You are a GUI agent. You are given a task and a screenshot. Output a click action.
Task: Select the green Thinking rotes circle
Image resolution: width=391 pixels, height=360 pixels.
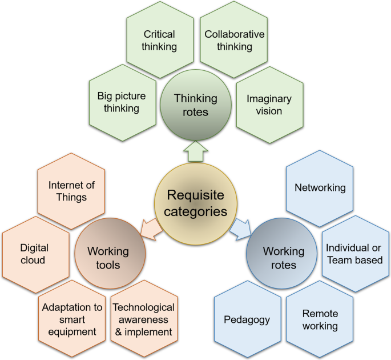pyautogui.click(x=196, y=105)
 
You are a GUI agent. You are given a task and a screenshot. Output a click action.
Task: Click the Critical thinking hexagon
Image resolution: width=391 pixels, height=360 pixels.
pyautogui.click(x=159, y=41)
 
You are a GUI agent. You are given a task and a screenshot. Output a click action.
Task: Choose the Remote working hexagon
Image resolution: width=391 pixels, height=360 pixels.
pyautogui.click(x=320, y=319)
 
